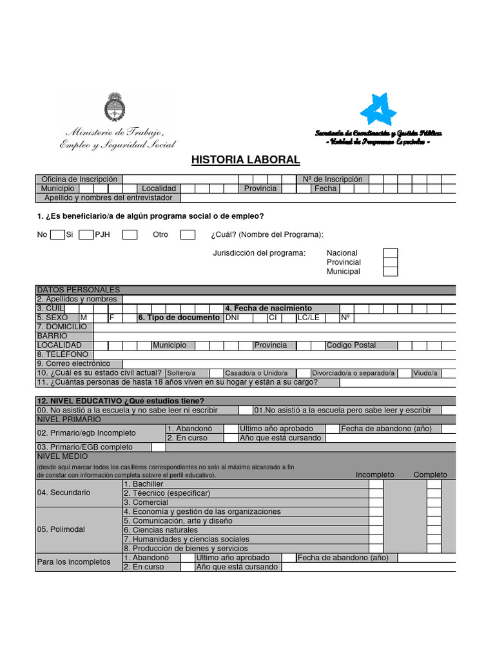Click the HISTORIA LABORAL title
(246, 160)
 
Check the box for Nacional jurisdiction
(390, 253)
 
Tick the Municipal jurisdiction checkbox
(390, 271)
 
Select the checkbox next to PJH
(130, 234)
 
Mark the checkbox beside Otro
(188, 234)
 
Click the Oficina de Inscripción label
(79, 179)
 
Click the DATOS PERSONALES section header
(79, 290)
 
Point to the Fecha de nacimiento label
(269, 309)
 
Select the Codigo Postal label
(351, 345)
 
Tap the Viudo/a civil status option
(425, 373)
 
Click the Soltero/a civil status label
(180, 373)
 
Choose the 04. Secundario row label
(64, 493)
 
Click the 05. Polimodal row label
(63, 529)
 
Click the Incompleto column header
(374, 474)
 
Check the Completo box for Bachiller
(434, 483)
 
